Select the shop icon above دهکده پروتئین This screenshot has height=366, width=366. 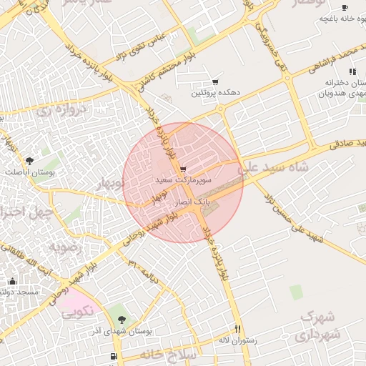coord(215,82)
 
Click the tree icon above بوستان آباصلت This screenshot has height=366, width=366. coord(29,162)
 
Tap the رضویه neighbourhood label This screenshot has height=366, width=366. coord(67,247)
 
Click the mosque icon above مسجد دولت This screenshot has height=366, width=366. coord(12,281)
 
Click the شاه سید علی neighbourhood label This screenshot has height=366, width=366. coord(276,167)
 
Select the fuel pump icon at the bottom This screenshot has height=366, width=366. coord(114,356)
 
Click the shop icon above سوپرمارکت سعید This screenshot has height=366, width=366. coord(184,170)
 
